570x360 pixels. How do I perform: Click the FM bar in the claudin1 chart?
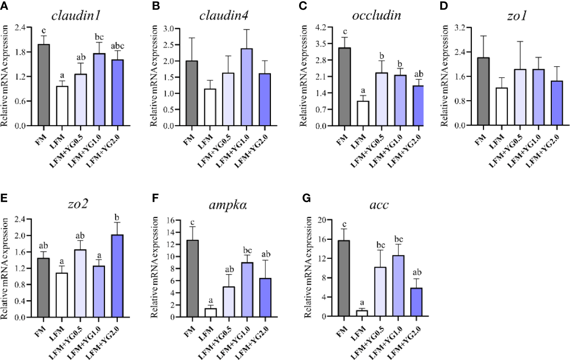tap(43, 85)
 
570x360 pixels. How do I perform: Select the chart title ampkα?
tap(228, 205)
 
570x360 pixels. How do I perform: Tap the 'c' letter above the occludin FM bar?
tap(344, 31)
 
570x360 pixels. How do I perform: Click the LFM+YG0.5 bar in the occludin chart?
tap(381, 99)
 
